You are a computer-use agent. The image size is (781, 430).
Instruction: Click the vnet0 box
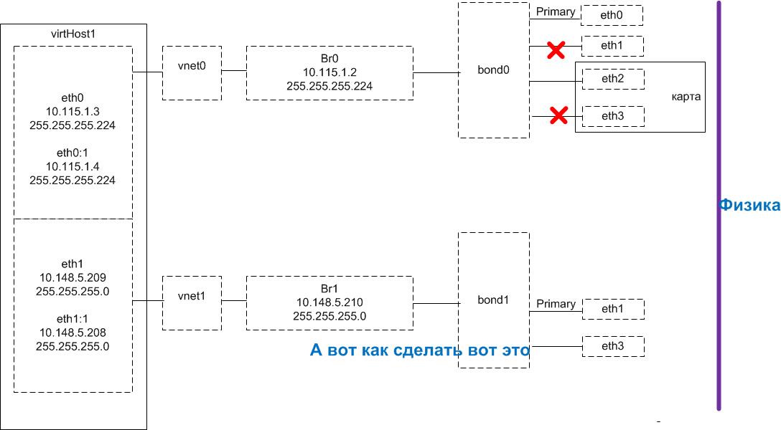coord(192,72)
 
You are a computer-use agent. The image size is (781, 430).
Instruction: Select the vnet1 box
coord(192,302)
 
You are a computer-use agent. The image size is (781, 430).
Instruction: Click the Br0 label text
coord(329,59)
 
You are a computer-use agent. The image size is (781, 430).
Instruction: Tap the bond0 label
coord(493,71)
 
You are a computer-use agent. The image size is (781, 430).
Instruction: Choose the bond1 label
coord(493,300)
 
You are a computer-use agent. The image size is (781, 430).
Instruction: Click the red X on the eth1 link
coord(555,49)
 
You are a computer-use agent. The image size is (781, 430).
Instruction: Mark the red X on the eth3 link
coord(558,115)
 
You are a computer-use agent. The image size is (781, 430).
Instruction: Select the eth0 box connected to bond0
coord(612,15)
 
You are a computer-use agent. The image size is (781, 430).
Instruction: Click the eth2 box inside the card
coord(612,79)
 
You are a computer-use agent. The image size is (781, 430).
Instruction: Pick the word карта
coord(686,97)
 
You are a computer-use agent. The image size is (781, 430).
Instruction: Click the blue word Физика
coord(749,206)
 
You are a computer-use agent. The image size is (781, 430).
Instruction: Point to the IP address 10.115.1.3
coord(73,112)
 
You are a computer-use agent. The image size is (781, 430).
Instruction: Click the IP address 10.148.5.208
coord(73,333)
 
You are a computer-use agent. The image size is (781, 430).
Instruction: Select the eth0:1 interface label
coord(73,153)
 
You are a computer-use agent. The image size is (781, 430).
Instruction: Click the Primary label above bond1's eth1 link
coord(556,304)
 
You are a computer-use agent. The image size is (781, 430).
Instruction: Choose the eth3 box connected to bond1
coord(613,347)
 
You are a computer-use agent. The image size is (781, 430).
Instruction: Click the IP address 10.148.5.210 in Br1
coord(329,302)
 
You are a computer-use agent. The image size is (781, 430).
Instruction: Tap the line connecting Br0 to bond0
coord(436,72)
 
